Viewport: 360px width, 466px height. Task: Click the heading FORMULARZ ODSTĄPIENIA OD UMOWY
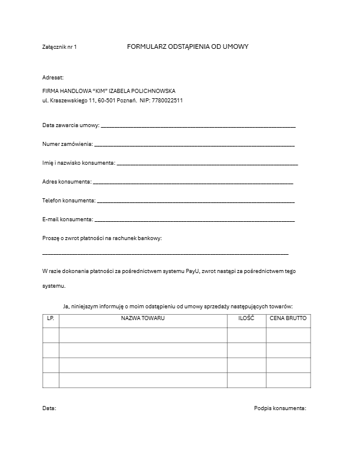(188, 46)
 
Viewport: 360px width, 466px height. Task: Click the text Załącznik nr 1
(59, 46)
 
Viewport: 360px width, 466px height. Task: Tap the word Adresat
(52, 77)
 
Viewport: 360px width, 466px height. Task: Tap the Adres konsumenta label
(66, 182)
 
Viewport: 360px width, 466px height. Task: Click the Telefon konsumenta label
(68, 201)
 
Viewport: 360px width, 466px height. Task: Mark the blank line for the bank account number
(165, 254)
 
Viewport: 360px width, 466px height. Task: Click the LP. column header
(51, 318)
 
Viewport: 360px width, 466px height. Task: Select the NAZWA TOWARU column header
(143, 318)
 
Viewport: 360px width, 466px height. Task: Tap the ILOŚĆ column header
(246, 318)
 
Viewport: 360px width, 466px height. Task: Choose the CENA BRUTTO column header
(288, 318)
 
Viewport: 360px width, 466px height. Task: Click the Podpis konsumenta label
(280, 408)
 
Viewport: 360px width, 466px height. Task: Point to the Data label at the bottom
(49, 408)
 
